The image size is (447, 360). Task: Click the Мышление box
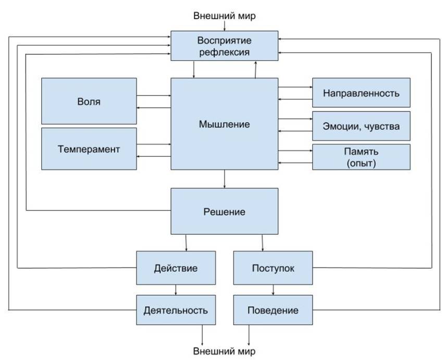(224, 124)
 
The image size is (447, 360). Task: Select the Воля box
(89, 101)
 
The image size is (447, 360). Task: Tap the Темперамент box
(89, 149)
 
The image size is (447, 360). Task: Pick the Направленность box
(361, 93)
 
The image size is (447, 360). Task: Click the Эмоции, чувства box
(361, 126)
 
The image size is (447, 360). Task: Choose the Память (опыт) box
(361, 157)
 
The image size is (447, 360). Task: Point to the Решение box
(224, 212)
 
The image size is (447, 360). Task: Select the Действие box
(176, 268)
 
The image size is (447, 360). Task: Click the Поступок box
(273, 268)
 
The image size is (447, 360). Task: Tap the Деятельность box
(176, 310)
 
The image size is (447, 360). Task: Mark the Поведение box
(273, 310)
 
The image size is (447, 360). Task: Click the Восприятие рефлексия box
(224, 46)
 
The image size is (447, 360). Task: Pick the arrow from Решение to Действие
(186, 242)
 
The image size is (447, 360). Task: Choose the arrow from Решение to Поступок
(263, 242)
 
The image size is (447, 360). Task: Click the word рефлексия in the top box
(224, 52)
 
